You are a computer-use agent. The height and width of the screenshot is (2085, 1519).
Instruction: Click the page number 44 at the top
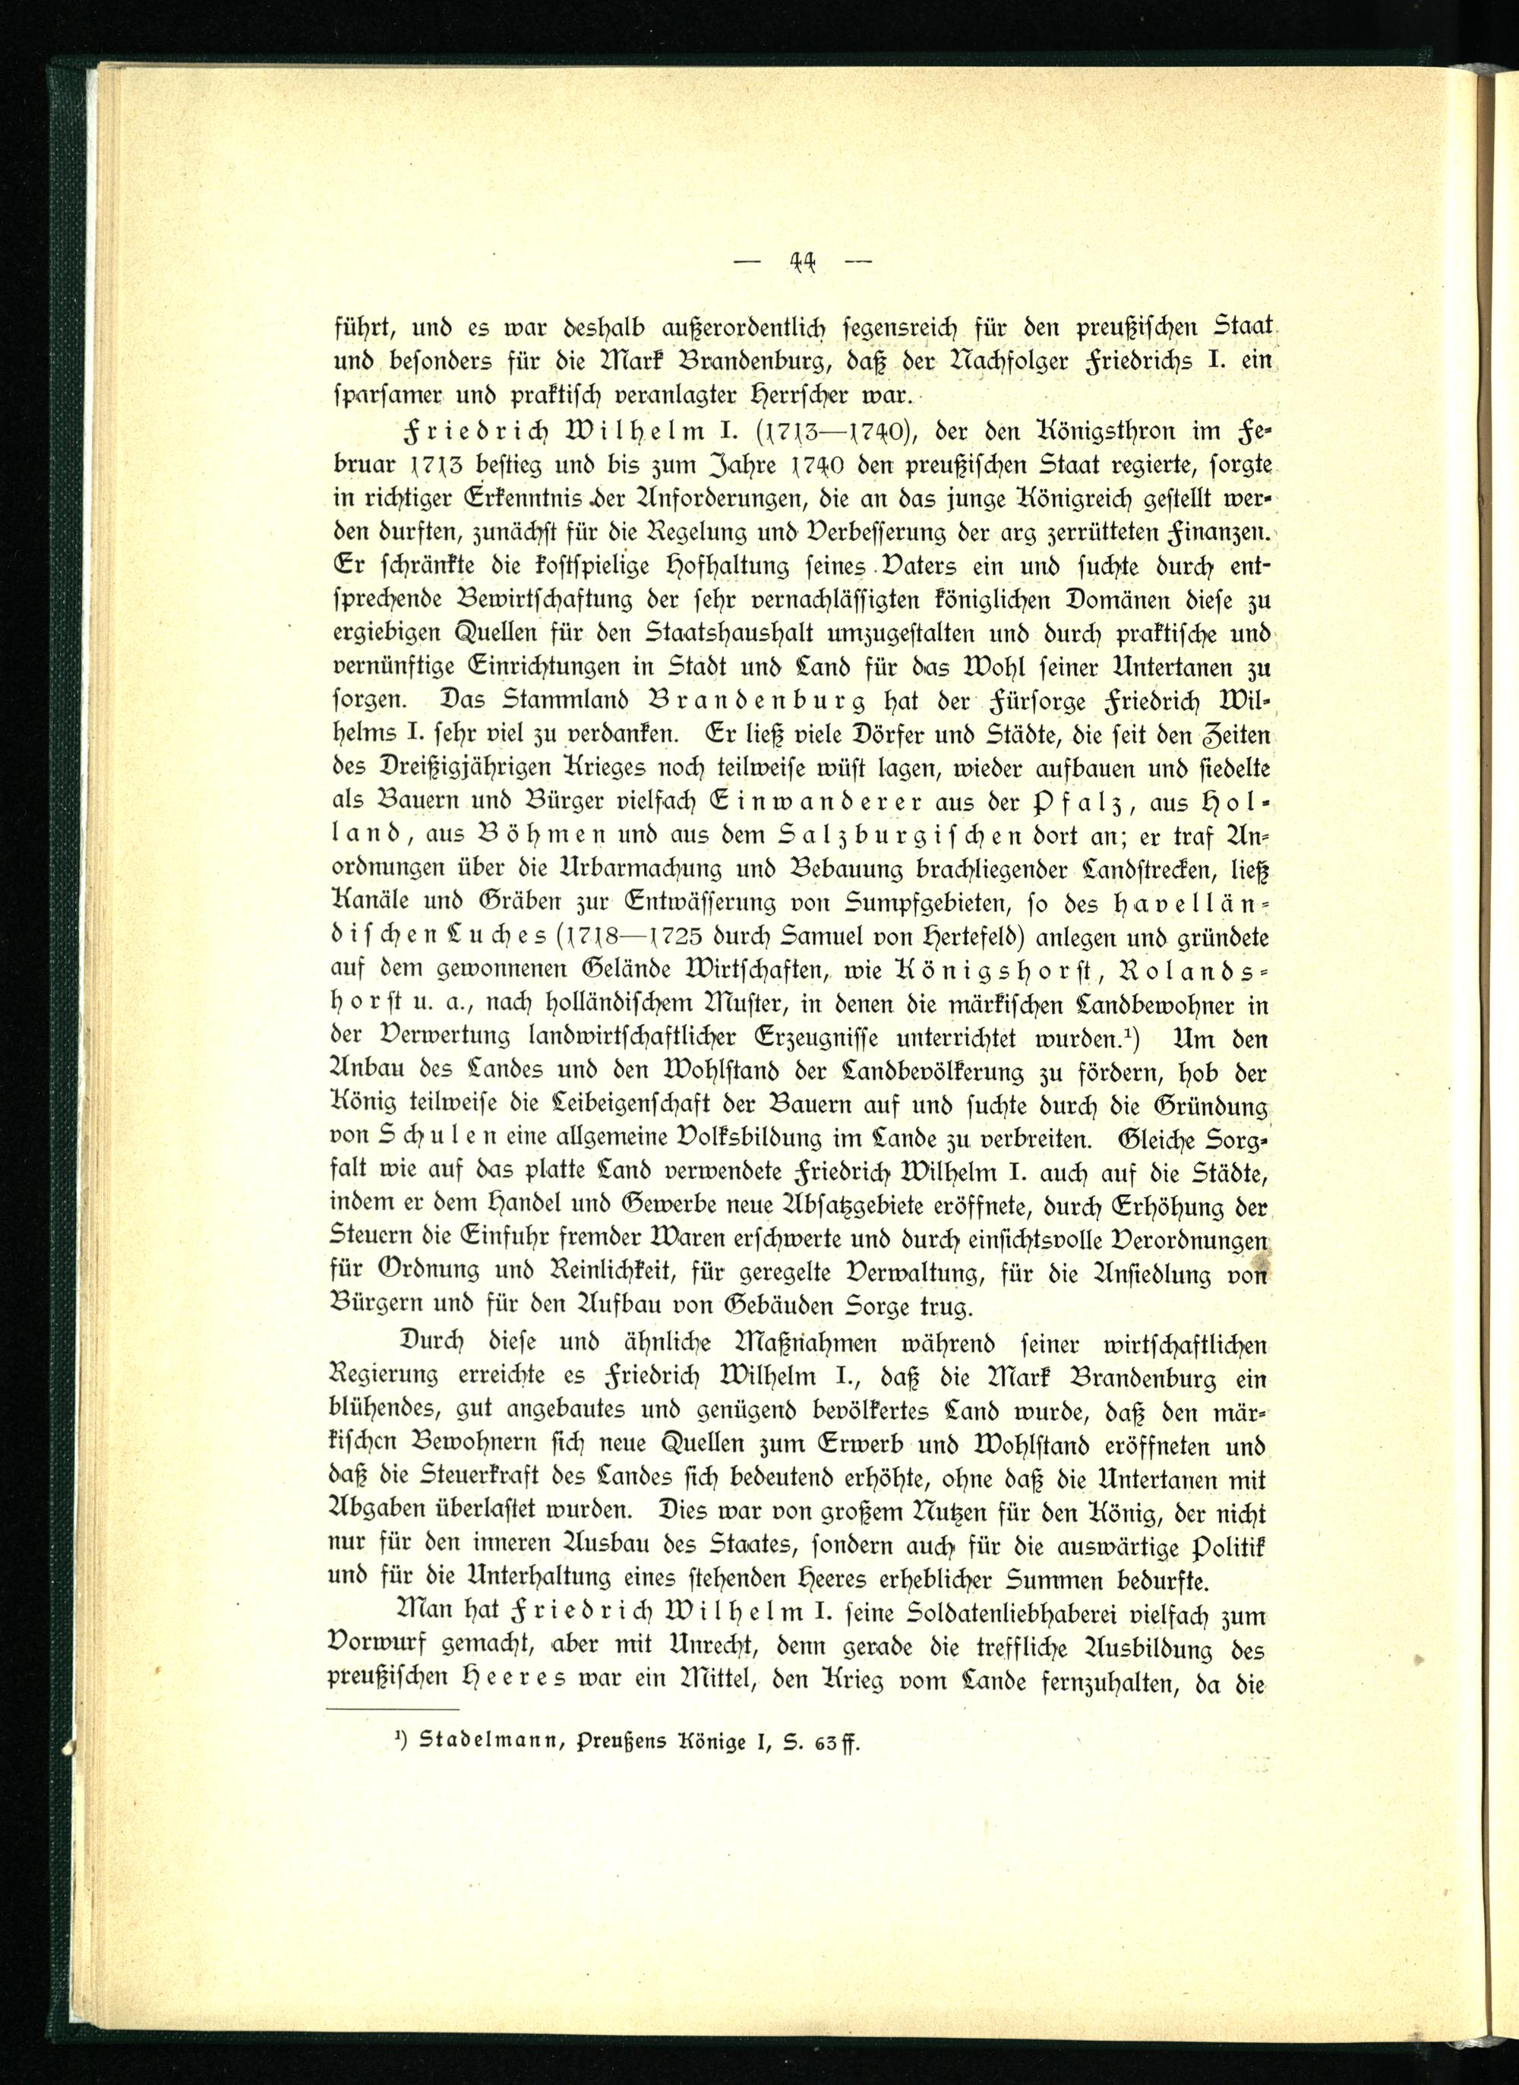(804, 264)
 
